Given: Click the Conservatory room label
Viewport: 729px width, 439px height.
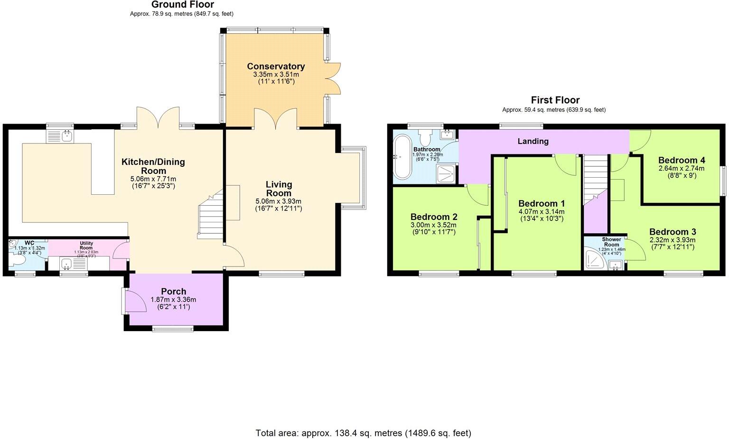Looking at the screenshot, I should (x=276, y=67).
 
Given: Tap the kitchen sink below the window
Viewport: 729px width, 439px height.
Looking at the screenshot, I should (x=60, y=136).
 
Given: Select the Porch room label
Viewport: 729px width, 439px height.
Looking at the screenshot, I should (x=173, y=291).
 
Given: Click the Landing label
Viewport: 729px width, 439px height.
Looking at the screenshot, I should (x=533, y=141).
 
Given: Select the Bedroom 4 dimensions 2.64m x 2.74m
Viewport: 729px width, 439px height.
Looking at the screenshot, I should (x=681, y=168).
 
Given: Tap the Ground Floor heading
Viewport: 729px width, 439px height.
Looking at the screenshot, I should (x=183, y=5).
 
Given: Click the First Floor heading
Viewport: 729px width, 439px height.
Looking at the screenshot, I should (x=555, y=100).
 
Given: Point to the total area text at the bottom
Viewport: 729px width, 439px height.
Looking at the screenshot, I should (x=364, y=433).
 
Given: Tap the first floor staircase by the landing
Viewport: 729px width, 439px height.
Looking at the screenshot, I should (x=596, y=180).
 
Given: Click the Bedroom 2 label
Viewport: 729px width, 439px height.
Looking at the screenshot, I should (x=434, y=217).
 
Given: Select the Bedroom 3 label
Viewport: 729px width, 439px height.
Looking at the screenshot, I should (x=673, y=232).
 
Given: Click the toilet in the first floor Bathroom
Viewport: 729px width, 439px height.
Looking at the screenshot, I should (x=425, y=138).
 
